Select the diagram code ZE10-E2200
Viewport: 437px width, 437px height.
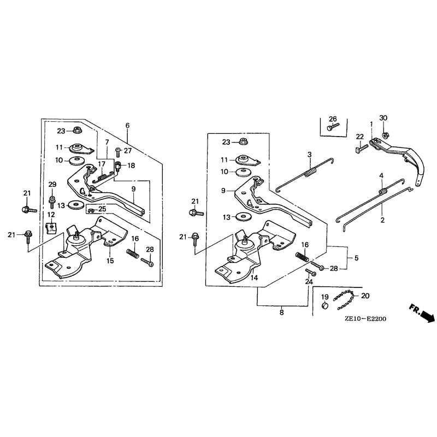pyautogui.click(x=365, y=319)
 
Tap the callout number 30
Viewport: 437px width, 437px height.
pyautogui.click(x=383, y=118)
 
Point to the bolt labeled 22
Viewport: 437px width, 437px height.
pyautogui.click(x=360, y=148)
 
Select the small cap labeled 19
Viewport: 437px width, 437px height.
pyautogui.click(x=324, y=305)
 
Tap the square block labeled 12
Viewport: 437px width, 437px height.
pyautogui.click(x=51, y=228)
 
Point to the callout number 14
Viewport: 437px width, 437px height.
pyautogui.click(x=254, y=277)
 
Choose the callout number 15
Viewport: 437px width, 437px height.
pyautogui.click(x=110, y=261)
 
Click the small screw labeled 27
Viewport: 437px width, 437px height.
pyautogui.click(x=118, y=152)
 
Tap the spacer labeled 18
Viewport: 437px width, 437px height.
pyautogui.click(x=117, y=167)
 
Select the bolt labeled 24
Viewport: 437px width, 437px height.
pyautogui.click(x=310, y=272)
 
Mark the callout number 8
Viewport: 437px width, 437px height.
pyautogui.click(x=281, y=312)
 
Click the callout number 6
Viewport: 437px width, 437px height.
pyautogui.click(x=127, y=125)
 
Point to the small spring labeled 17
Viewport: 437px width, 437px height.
pyautogui.click(x=103, y=176)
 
